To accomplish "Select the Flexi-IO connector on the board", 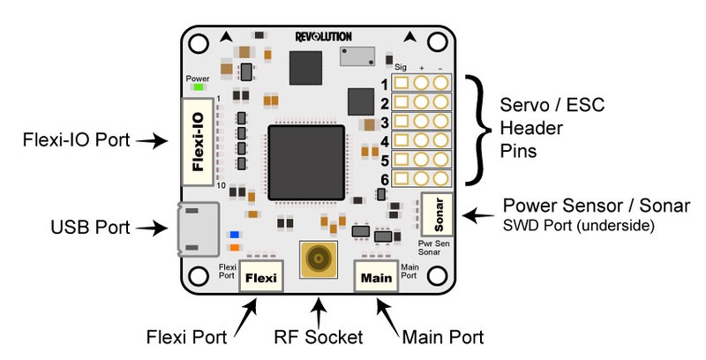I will [x=199, y=141].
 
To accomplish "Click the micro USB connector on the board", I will [x=196, y=229].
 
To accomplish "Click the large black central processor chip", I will [x=305, y=161].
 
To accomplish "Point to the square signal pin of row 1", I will [x=402, y=84].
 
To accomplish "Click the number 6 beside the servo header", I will [x=385, y=180].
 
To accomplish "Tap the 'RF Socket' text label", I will [x=318, y=338].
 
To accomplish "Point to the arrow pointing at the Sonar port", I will [x=481, y=214].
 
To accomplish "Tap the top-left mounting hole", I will [x=199, y=41].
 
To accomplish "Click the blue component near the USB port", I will [x=234, y=235].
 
